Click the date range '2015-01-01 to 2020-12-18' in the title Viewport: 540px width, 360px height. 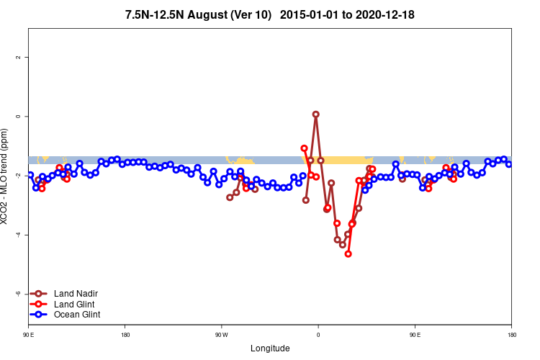click(347, 14)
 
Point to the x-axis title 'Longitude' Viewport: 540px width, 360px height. click(270, 348)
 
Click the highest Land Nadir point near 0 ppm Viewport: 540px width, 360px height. click(316, 114)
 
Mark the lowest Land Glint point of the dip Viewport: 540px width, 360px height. click(348, 253)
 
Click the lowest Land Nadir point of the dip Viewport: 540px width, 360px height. click(343, 245)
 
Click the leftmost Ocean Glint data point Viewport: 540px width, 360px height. click(30, 174)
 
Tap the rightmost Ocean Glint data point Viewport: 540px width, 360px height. click(509, 164)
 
